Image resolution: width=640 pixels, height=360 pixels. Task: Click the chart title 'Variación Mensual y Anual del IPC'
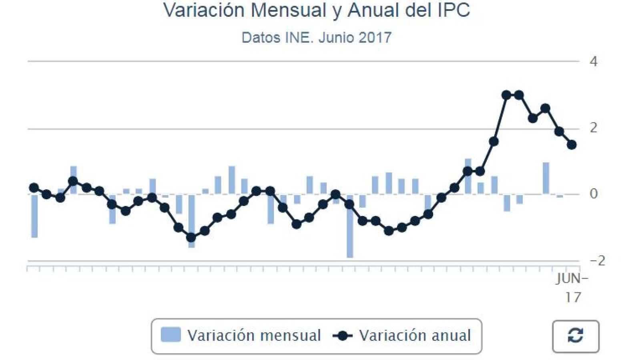pos(316,10)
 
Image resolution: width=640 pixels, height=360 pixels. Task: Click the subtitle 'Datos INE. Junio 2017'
pos(316,38)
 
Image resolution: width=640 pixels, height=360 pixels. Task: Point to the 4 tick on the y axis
pos(593,62)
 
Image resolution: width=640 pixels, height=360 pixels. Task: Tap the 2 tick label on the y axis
pos(593,128)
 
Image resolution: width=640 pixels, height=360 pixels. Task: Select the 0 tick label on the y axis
pos(593,194)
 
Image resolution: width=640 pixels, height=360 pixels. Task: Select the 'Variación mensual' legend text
pos(254,336)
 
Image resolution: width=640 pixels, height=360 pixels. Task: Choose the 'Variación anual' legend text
pos(415,336)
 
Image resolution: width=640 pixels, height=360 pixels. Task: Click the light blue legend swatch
pos(171,335)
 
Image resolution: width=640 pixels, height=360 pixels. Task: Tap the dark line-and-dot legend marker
pos(343,336)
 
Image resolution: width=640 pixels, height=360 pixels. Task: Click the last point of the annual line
pos(572,145)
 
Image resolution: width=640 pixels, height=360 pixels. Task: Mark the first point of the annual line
pos(34,188)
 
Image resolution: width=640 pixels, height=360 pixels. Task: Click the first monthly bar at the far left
pos(34,216)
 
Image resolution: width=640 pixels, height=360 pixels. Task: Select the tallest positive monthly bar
pos(468,176)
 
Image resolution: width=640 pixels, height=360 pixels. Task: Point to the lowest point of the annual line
pos(191,238)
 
